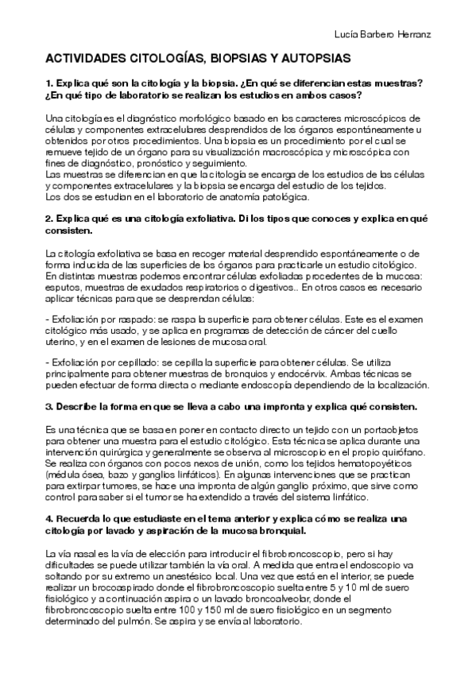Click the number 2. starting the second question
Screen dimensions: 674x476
coord(49,217)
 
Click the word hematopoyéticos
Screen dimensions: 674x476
coord(385,463)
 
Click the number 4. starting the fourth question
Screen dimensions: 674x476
coord(49,517)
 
